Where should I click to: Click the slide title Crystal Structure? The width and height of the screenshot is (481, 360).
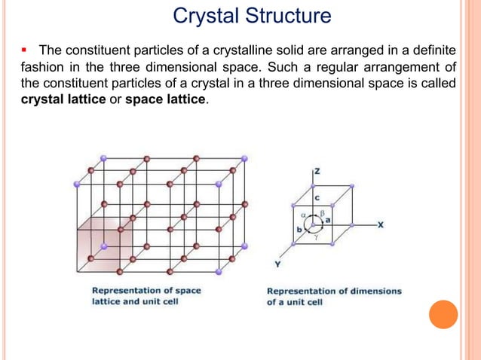click(x=252, y=16)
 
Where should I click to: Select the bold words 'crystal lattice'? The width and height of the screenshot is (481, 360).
click(x=57, y=100)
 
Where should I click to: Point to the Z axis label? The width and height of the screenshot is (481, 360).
click(x=317, y=172)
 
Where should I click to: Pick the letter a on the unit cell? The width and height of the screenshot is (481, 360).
click(x=328, y=219)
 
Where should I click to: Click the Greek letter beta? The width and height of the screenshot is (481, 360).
click(x=322, y=213)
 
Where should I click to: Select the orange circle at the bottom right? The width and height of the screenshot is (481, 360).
click(x=443, y=315)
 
